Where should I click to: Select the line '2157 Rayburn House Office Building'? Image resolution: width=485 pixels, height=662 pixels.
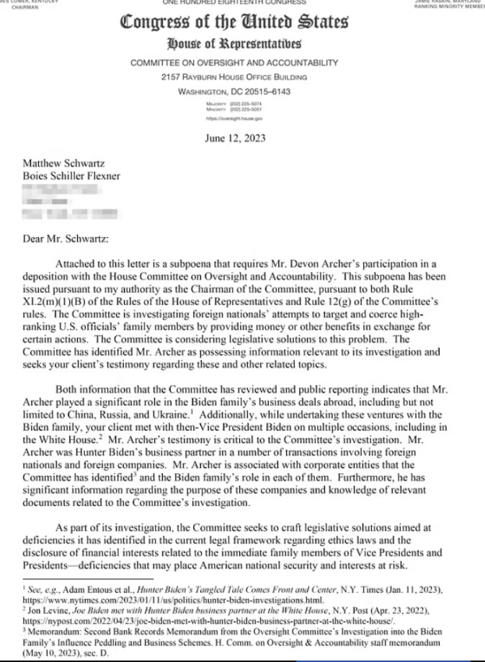click(x=233, y=77)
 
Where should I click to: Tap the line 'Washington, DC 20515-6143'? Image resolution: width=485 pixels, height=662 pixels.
click(x=233, y=92)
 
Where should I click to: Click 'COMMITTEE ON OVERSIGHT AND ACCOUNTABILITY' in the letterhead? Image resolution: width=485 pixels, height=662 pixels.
click(x=233, y=63)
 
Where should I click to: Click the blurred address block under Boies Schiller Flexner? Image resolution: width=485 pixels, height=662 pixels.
click(x=65, y=202)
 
